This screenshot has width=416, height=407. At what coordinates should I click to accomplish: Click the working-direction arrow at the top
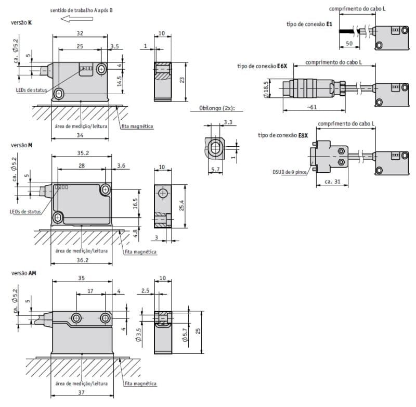pyautogui.click(x=77, y=19)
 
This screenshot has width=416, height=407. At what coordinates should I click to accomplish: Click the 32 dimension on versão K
pyautogui.click(x=80, y=33)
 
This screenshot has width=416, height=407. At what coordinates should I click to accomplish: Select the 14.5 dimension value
pyautogui.click(x=120, y=81)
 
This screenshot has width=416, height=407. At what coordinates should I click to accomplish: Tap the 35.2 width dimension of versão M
pyautogui.click(x=83, y=153)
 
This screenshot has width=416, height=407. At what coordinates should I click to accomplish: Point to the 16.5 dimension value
pyautogui.click(x=135, y=203)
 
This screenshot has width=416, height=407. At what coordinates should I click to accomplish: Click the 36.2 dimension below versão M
pyautogui.click(x=83, y=260)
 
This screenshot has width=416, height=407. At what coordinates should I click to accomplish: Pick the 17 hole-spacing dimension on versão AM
pyautogui.click(x=90, y=291)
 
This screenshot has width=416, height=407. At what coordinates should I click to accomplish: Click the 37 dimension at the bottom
pyautogui.click(x=82, y=392)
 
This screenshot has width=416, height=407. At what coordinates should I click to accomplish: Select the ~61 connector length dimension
pyautogui.click(x=312, y=107)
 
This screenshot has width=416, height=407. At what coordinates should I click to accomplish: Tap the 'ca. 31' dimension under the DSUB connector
pyautogui.click(x=332, y=182)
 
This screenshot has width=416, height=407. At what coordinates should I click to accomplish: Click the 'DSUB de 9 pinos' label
pyautogui.click(x=290, y=172)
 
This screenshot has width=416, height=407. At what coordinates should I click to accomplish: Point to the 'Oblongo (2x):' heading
pyautogui.click(x=217, y=108)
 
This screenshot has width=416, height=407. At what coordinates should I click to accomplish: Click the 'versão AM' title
pyautogui.click(x=23, y=273)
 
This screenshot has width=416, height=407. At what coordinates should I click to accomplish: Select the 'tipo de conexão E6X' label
pyautogui.click(x=262, y=66)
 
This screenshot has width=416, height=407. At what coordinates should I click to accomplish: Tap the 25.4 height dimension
pyautogui.click(x=181, y=206)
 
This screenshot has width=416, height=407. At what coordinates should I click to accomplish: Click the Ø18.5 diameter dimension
pyautogui.click(x=266, y=90)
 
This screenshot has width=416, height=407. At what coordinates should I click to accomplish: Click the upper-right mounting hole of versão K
pyautogui.click(x=101, y=70)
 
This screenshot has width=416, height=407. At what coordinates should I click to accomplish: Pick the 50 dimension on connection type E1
pyautogui.click(x=349, y=43)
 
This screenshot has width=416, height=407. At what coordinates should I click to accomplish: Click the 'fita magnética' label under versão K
pyautogui.click(x=137, y=126)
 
